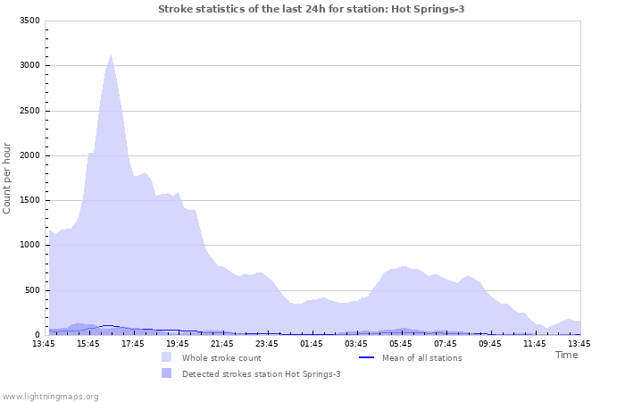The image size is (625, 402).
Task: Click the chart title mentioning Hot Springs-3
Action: point(311,9)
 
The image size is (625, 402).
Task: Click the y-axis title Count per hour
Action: point(8,178)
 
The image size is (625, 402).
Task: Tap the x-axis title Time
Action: point(566,355)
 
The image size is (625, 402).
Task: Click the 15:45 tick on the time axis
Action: point(88,344)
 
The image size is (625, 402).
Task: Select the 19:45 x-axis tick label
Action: point(178,344)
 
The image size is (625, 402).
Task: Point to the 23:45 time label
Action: point(267,344)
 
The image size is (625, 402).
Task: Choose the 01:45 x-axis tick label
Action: point(312,344)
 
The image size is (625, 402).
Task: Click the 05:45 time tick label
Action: point(401,344)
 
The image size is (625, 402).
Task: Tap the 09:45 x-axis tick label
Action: point(490,344)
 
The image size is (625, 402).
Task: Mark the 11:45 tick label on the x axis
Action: point(535,344)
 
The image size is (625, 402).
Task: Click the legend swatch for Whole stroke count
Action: point(167,357)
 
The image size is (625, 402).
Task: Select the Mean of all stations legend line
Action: point(365,357)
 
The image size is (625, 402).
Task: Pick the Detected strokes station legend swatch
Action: point(167,373)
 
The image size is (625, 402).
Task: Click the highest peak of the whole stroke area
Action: point(111,55)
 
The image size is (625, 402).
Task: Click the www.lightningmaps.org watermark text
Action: point(50,396)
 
